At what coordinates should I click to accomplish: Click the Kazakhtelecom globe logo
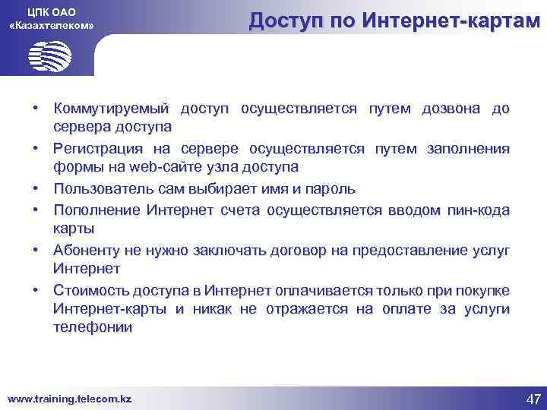pyautogui.click(x=49, y=55)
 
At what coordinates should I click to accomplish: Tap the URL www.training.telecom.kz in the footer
pyautogui.click(x=69, y=398)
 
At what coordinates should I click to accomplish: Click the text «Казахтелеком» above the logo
pyautogui.click(x=51, y=26)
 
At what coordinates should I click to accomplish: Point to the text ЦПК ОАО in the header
pyautogui.click(x=51, y=10)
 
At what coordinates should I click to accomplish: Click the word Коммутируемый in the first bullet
pyautogui.click(x=112, y=109)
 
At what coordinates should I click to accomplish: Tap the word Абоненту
pyautogui.click(x=87, y=250)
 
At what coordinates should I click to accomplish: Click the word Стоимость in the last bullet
pyautogui.click(x=90, y=291)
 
